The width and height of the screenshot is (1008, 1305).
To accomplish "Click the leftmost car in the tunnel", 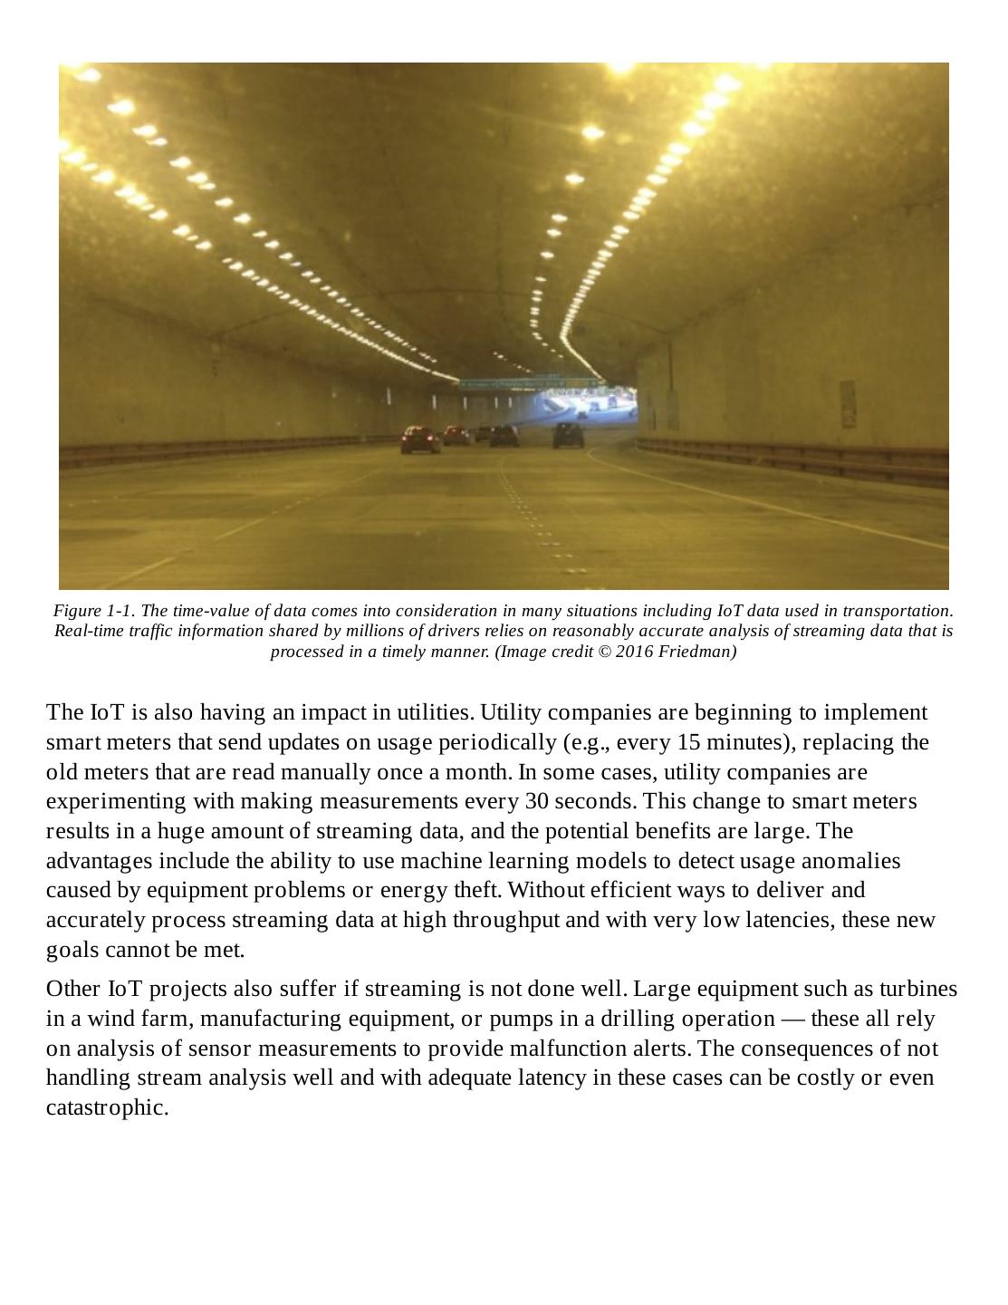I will coord(420,440).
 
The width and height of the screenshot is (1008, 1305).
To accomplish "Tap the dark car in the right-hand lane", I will coord(569,435).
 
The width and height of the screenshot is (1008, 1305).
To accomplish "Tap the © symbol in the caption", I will coord(604,652).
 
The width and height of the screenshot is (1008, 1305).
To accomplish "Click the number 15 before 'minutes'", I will coord(689,742).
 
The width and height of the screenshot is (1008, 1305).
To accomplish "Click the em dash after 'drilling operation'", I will coord(792,1019).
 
